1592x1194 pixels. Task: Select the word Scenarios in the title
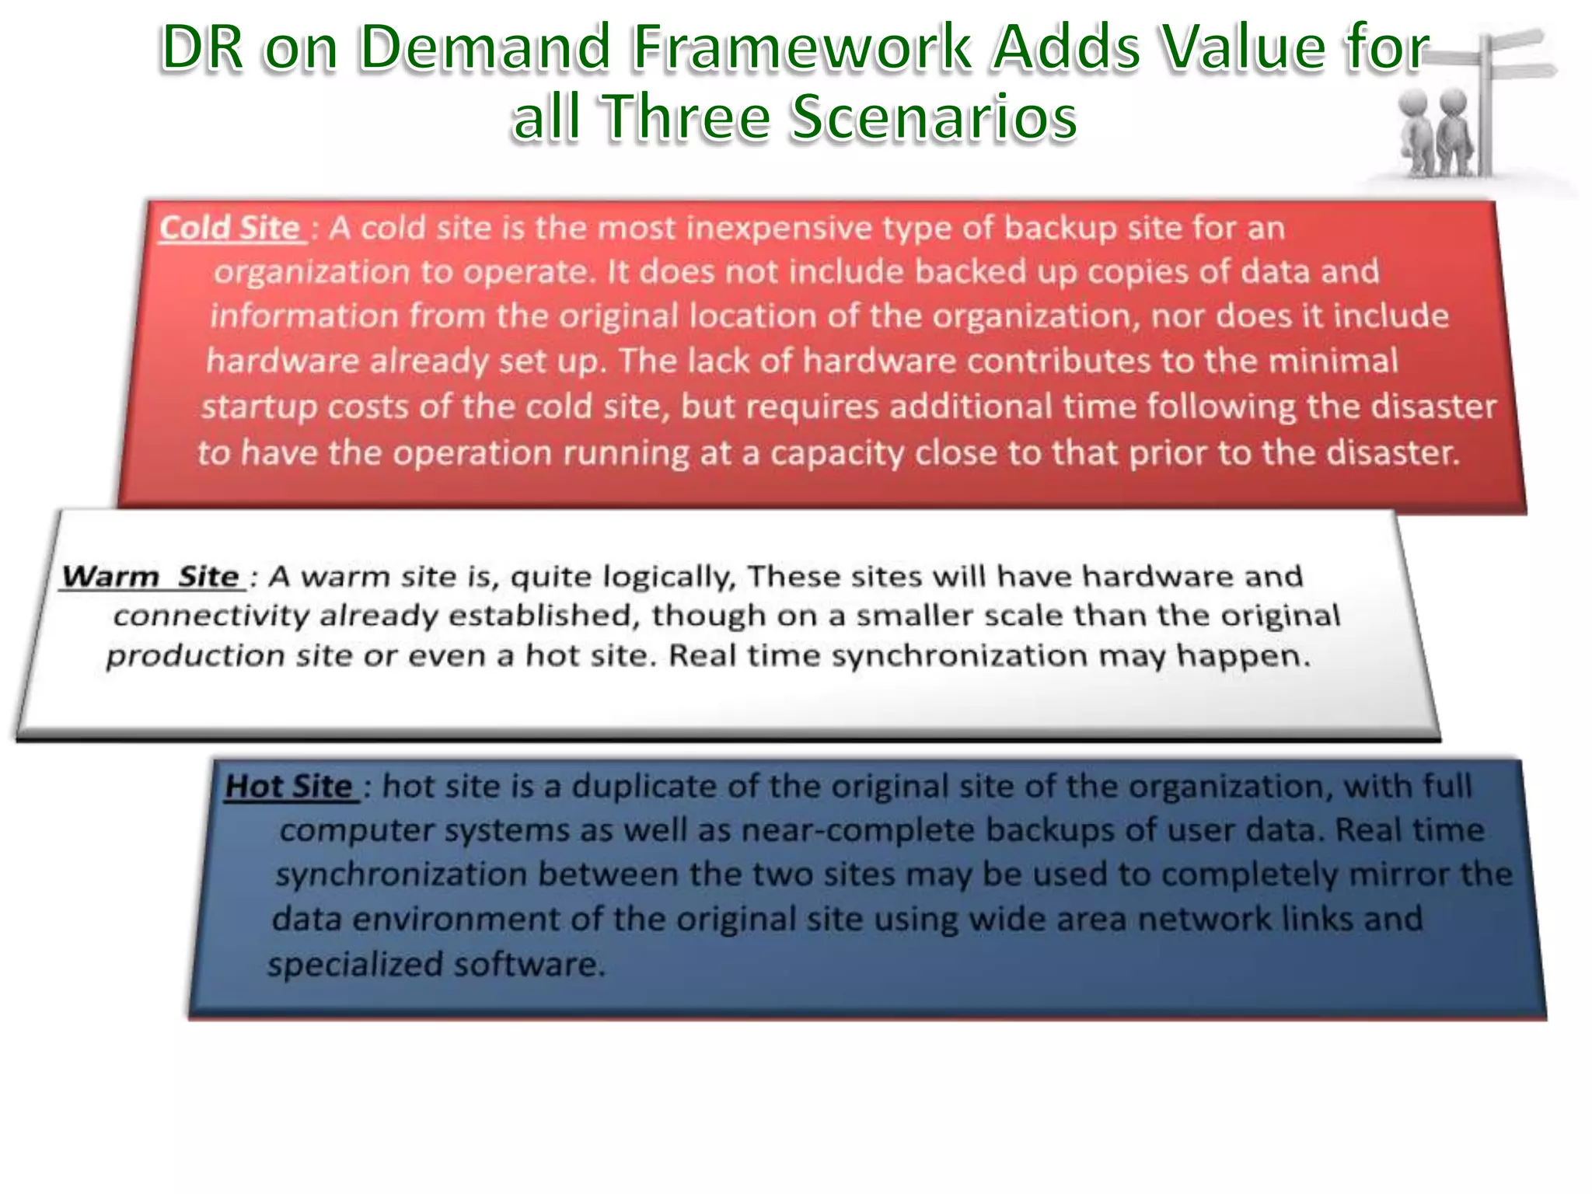[x=934, y=118]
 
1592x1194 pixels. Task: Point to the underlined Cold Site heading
[x=230, y=229]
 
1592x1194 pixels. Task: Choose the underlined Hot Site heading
[x=288, y=787]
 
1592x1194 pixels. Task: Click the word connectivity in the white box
[x=211, y=616]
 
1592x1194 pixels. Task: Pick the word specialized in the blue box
[x=355, y=965]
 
